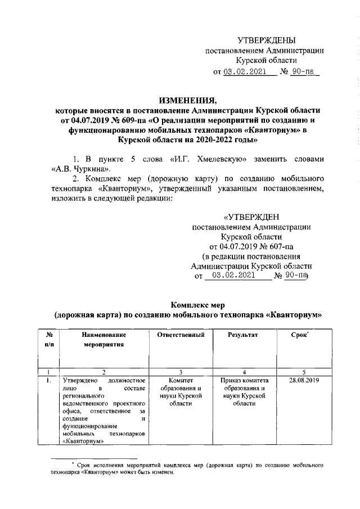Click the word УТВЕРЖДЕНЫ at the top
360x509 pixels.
[x=266, y=40]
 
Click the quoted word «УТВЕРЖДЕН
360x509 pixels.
[x=250, y=217]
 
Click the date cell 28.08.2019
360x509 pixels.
[x=300, y=381]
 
